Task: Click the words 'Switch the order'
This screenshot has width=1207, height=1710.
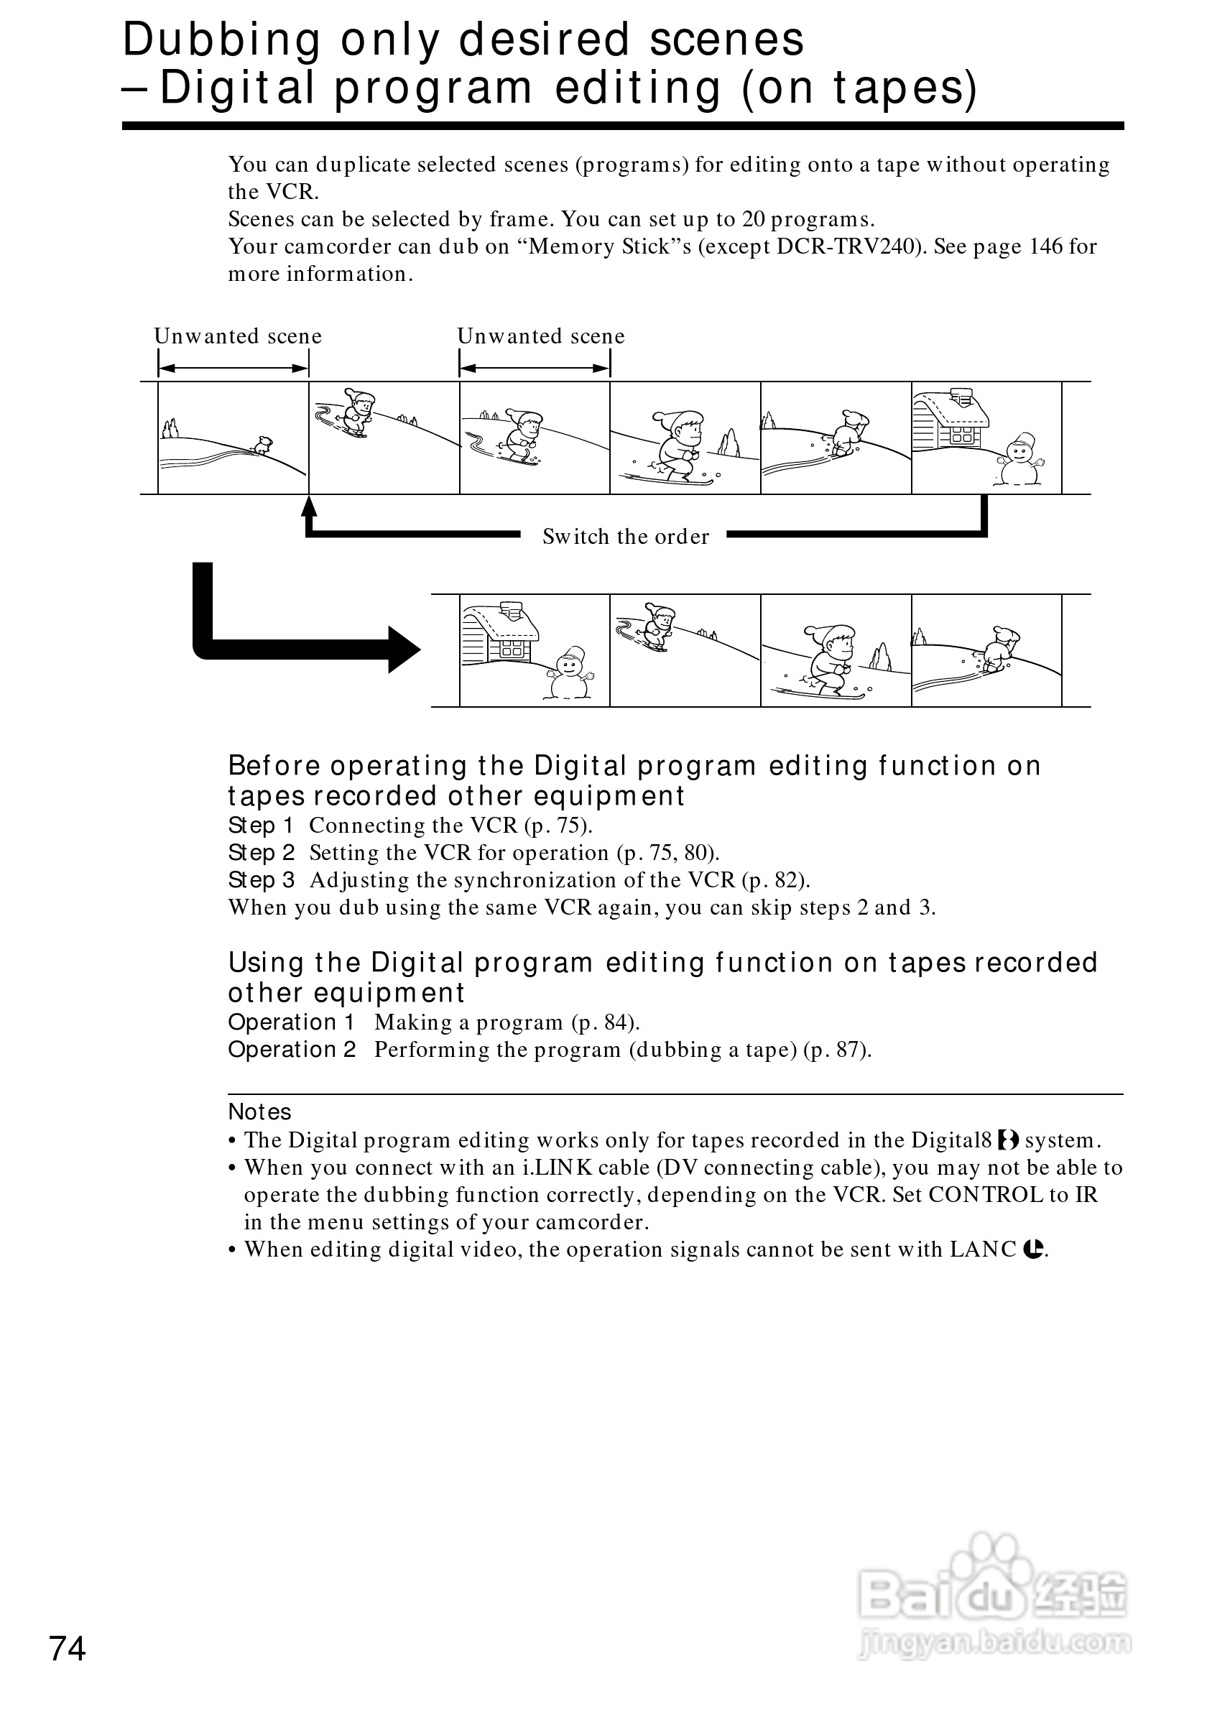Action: coord(626,536)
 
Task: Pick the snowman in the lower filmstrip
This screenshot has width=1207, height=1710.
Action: coord(569,673)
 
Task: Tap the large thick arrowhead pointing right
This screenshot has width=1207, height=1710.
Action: coord(404,650)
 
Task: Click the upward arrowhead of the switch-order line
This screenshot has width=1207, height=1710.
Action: coord(309,506)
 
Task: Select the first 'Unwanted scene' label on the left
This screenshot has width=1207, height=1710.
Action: coord(239,336)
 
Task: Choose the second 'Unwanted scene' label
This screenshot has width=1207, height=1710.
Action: coord(541,336)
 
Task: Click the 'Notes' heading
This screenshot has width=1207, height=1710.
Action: coord(259,1112)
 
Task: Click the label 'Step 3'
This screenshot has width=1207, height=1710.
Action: coord(262,880)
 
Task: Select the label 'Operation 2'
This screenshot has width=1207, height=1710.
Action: coord(292,1050)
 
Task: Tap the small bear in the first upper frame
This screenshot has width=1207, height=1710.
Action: coord(263,445)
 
